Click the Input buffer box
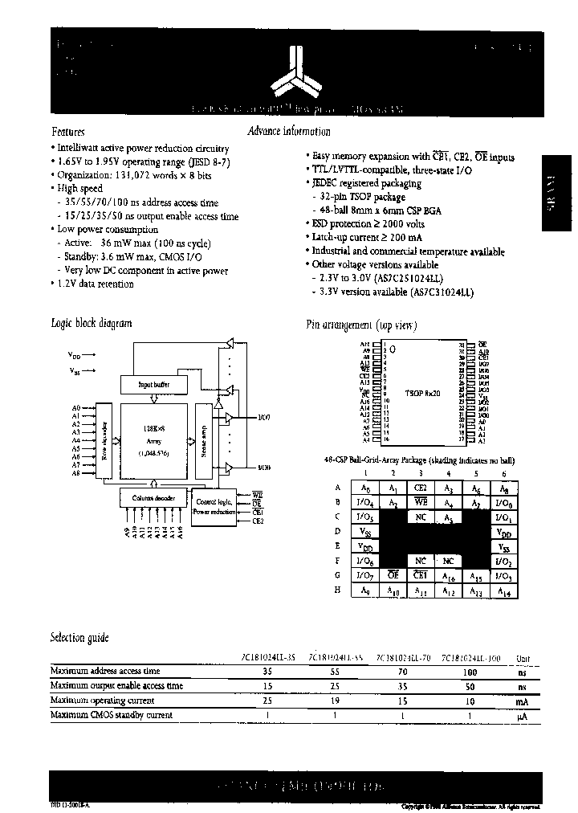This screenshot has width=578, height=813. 157,385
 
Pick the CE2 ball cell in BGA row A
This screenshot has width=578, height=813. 420,488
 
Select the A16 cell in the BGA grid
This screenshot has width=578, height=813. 448,574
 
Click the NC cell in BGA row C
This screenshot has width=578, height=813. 420,517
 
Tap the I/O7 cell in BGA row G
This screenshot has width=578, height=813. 366,575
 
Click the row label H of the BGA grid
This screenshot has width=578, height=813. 338,590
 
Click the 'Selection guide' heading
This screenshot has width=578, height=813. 79,637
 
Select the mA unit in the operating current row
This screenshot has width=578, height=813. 522,700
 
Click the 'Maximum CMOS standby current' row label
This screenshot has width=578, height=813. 111,714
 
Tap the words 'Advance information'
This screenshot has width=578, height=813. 289,131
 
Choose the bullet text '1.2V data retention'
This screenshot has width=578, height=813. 95,284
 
